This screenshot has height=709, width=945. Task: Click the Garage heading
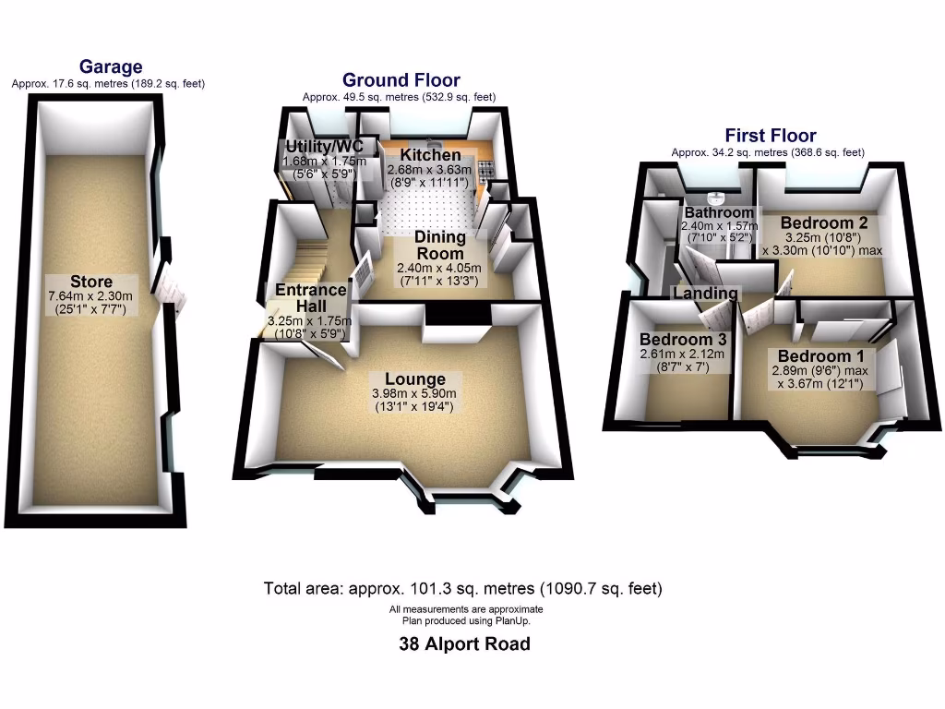(x=111, y=66)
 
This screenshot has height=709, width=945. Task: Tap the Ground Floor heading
(x=401, y=80)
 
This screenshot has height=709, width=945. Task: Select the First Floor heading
(x=770, y=136)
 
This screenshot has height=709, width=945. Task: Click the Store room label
(x=91, y=282)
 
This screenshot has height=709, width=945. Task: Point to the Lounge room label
(x=415, y=379)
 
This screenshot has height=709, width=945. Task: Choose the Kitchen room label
(x=430, y=155)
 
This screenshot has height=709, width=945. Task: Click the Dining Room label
(x=439, y=246)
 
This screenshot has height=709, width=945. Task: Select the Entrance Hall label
(x=311, y=296)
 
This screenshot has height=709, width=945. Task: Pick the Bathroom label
(x=718, y=212)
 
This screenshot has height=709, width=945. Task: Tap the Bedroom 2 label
(x=824, y=222)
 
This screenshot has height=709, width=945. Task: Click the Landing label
(x=706, y=294)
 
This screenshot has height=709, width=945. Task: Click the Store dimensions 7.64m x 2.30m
(x=91, y=296)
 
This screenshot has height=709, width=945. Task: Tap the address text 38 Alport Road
(x=464, y=644)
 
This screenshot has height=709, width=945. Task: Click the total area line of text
(x=462, y=588)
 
